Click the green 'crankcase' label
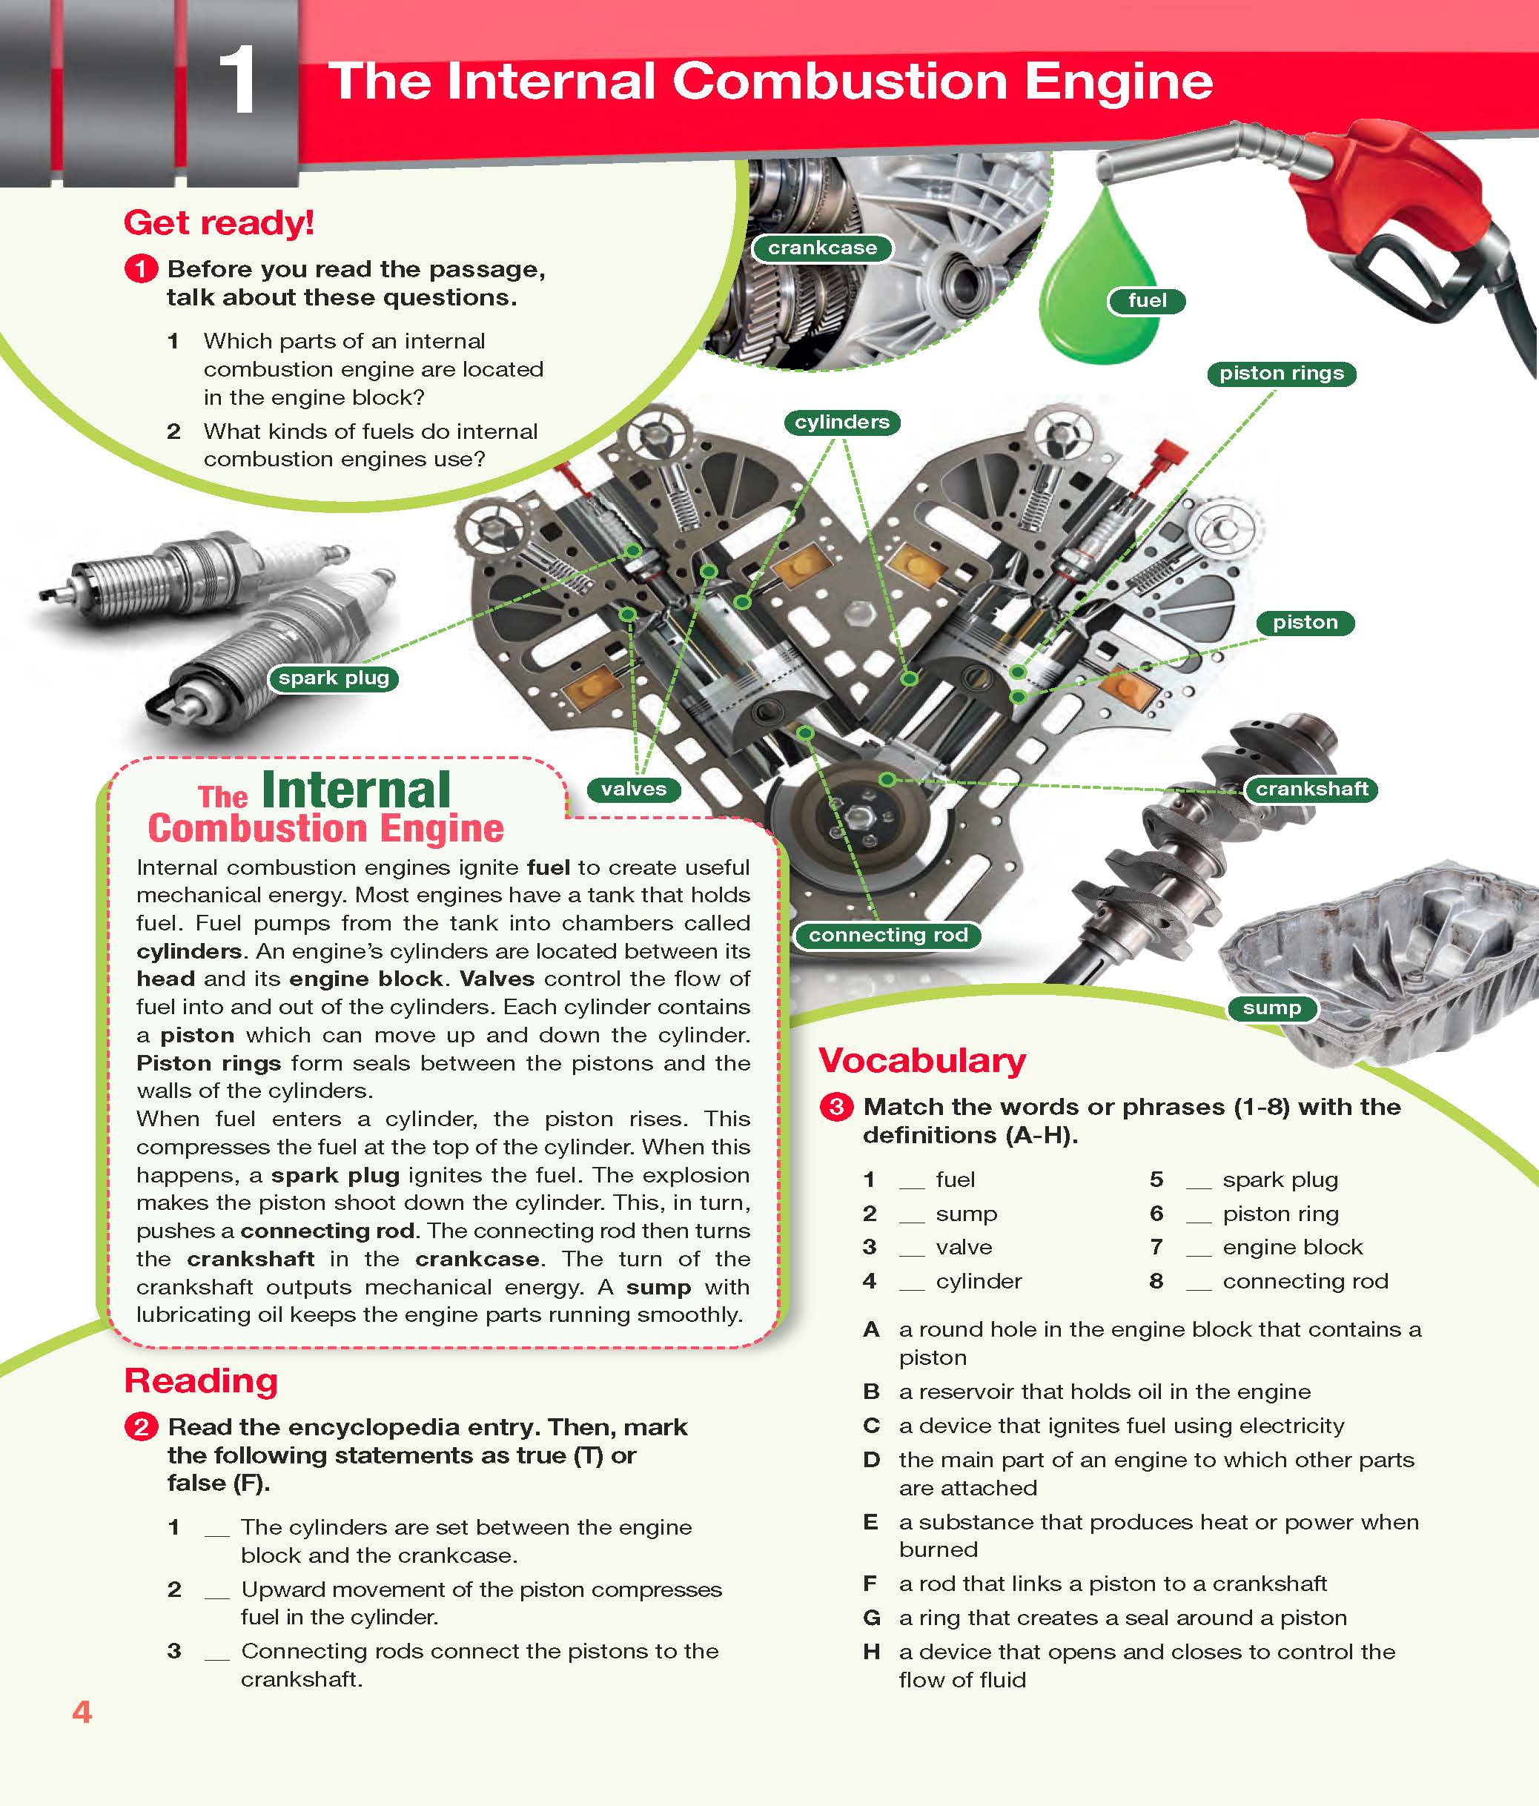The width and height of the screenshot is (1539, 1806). point(822,248)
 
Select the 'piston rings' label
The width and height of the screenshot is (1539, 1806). point(1280,373)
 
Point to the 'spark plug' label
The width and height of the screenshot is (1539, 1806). point(333,678)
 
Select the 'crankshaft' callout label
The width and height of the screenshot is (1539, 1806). point(1311,789)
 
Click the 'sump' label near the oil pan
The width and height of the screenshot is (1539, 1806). point(1271,1008)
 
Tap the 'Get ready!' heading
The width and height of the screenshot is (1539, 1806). point(219,223)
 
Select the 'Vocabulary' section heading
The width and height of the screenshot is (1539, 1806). point(922,1061)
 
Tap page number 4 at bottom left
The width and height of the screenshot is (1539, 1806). point(82,1712)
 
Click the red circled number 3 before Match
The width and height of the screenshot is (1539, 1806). point(835,1107)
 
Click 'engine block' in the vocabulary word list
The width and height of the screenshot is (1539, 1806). point(1291,1247)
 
